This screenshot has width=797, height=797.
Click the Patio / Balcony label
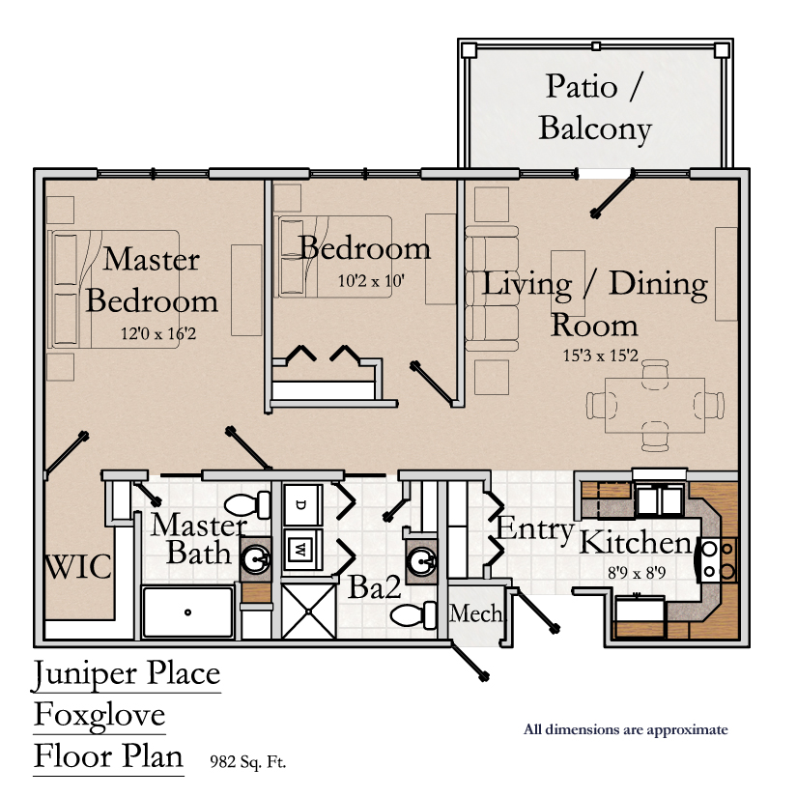(595, 108)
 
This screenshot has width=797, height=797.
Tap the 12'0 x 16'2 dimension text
(158, 333)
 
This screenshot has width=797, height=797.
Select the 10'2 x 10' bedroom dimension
(371, 280)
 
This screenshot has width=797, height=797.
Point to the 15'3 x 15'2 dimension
(600, 356)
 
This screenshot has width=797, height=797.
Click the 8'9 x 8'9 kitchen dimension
(637, 573)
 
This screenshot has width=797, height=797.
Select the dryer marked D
(302, 505)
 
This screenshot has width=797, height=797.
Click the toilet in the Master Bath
(247, 504)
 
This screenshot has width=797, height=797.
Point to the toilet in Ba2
(413, 615)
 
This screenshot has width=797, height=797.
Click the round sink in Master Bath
(256, 559)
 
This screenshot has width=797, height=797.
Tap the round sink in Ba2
(422, 561)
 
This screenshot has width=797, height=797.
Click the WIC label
(78, 567)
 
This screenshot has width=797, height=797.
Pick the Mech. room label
(475, 613)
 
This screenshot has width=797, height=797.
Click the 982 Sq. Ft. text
(248, 761)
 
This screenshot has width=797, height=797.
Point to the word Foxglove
(100, 716)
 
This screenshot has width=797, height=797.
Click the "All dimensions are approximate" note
(626, 730)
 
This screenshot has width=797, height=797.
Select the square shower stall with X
(308, 611)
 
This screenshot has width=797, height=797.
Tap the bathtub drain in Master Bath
(187, 612)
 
